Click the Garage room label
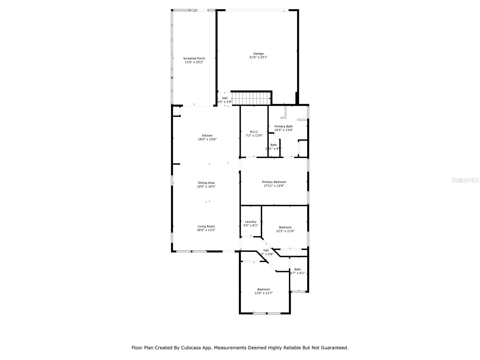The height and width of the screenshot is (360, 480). point(258,54)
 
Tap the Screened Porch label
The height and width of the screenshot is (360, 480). point(194,58)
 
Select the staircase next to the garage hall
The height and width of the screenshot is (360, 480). point(250,98)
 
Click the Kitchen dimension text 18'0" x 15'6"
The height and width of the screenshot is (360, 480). point(207,139)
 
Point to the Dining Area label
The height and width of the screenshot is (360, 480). point(206,183)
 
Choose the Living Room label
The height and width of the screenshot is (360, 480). point(206,226)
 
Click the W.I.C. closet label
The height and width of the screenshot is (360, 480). point(254,132)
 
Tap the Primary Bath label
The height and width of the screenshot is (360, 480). point(283,126)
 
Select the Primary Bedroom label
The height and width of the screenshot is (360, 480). point(274,182)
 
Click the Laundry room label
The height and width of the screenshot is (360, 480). point(250,222)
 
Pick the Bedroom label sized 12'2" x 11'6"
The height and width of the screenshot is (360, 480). point(285,227)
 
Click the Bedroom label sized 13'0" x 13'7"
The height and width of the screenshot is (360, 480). point(263,289)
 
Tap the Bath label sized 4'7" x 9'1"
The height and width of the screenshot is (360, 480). point(297,269)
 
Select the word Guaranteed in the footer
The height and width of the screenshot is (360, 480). point(333,348)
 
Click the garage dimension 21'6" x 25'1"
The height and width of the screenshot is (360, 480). point(258,57)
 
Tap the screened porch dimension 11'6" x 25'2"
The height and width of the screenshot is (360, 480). point(194,62)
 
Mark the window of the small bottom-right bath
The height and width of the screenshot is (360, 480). point(298,291)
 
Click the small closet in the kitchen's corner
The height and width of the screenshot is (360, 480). point(176,112)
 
